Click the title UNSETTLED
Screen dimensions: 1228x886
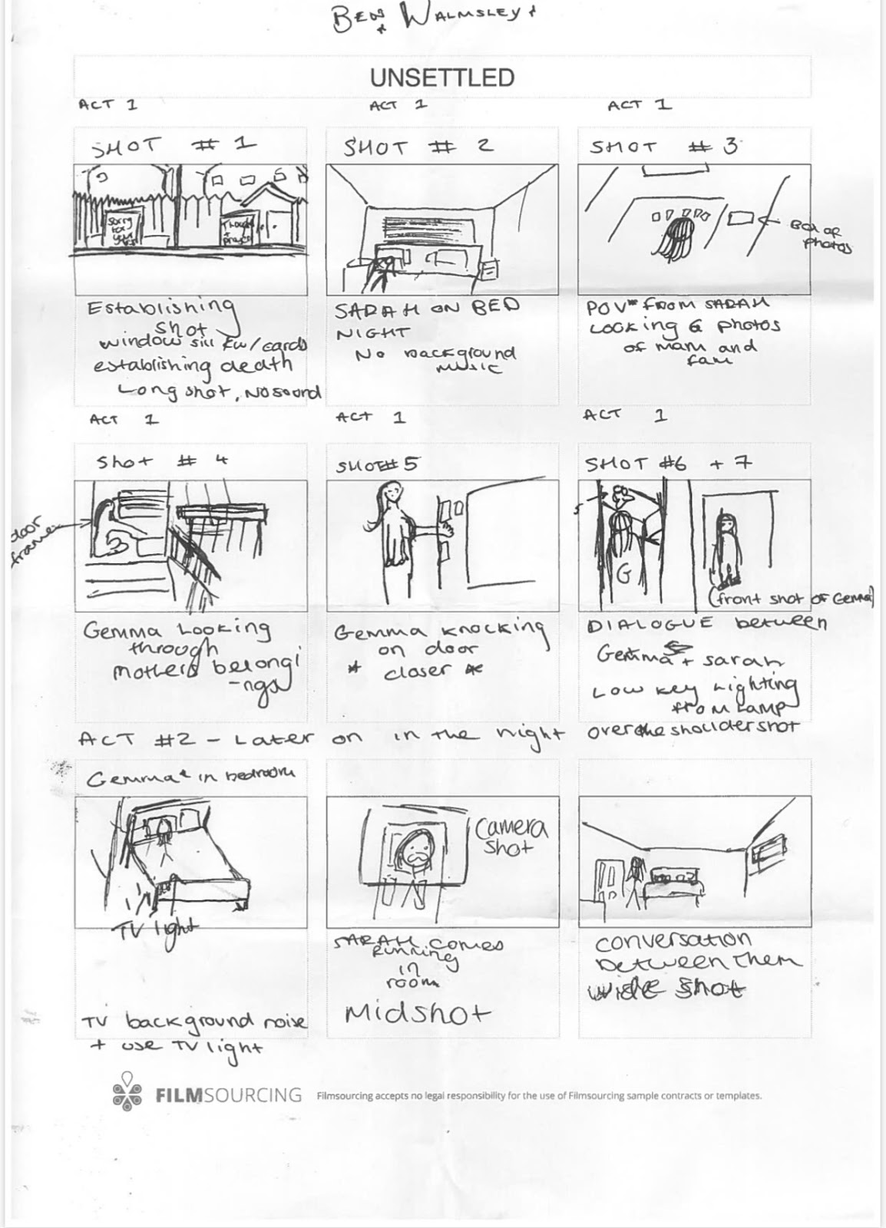(441, 78)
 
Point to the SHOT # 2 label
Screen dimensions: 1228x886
(418, 146)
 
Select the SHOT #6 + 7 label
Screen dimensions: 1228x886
(668, 463)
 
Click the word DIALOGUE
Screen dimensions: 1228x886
(650, 624)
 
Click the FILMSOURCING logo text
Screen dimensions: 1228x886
(228, 1094)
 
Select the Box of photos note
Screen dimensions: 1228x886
(820, 237)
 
